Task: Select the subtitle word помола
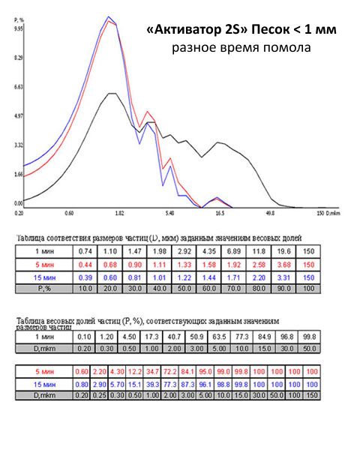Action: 289,49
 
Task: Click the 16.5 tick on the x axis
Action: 220,213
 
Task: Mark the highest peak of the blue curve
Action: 109,16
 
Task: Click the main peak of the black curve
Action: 111,93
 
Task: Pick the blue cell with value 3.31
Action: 284,276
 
